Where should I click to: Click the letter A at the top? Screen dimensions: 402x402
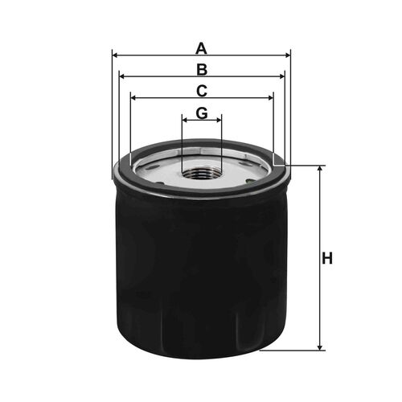point(201,49)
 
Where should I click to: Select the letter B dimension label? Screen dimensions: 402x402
point(202,70)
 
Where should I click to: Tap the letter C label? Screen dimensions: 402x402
point(202,91)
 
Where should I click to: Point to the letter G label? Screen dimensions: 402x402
point(202,113)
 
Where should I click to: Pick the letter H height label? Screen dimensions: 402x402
point(327,259)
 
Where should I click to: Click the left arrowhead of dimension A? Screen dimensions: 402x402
point(115,55)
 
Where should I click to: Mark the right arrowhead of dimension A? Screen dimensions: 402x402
point(288,55)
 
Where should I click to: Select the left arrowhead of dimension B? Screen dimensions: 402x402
point(122,76)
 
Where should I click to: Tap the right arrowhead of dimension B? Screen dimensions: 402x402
point(281,76)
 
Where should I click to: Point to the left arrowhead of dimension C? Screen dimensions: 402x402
point(133,98)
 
